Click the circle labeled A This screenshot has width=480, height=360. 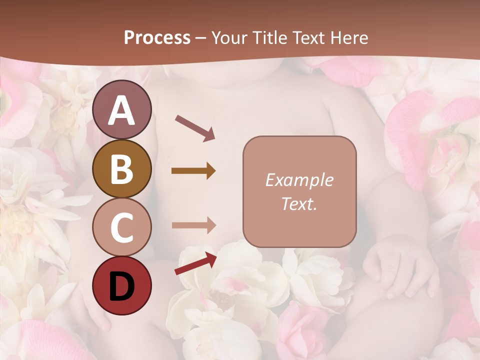point(121,109)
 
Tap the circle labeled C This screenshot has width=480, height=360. point(121,227)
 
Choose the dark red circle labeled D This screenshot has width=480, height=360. point(121,285)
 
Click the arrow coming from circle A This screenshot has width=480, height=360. point(195,127)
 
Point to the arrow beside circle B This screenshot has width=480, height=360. point(193,171)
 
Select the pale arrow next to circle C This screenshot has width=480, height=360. point(193,225)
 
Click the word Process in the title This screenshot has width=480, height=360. point(157,38)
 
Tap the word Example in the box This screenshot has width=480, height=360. point(299,180)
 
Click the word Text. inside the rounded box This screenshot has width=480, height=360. point(299,204)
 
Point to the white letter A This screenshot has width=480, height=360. point(121,110)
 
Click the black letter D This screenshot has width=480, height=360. point(121,286)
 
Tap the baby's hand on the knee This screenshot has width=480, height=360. point(395,265)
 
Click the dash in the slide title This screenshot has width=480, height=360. point(201,38)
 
